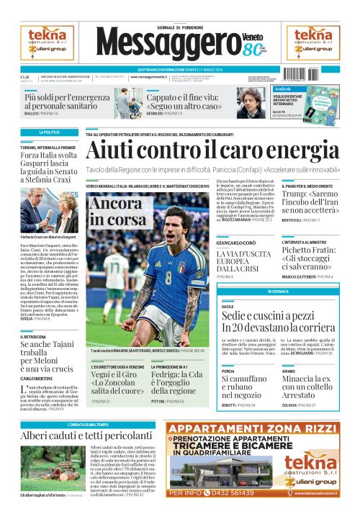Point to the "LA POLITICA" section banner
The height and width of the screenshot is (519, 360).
coord(49,132)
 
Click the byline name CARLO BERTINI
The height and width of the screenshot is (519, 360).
coord(36,379)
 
